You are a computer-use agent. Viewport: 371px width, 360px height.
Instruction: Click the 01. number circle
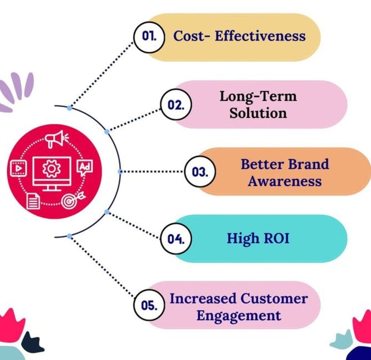pos(148,36)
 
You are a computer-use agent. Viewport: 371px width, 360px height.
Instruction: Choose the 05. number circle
pos(148,305)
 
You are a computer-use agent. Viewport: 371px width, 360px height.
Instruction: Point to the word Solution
pos(258,113)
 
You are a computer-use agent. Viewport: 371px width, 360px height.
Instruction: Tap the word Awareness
pos(281,181)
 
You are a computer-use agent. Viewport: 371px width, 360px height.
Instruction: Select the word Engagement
pos(239,316)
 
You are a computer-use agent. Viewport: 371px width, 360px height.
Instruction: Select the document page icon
pos(33,200)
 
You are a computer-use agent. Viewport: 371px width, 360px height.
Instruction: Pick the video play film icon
pos(17,168)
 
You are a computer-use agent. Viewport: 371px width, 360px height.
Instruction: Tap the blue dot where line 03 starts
pos(120,171)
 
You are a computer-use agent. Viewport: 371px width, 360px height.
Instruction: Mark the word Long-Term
pos(258,96)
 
